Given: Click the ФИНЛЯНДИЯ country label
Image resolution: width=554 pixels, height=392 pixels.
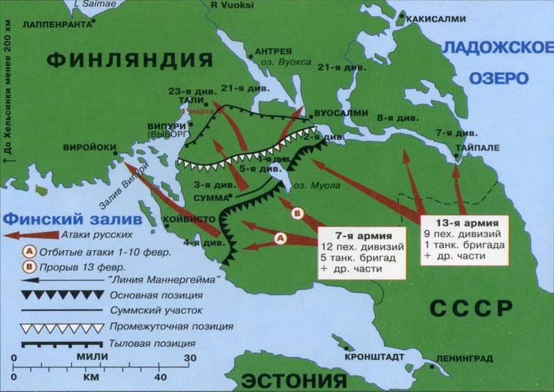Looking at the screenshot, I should point(130,60).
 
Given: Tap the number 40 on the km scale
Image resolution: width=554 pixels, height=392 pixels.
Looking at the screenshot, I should point(159,377).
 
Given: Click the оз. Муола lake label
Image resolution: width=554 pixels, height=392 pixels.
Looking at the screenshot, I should point(312,186).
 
